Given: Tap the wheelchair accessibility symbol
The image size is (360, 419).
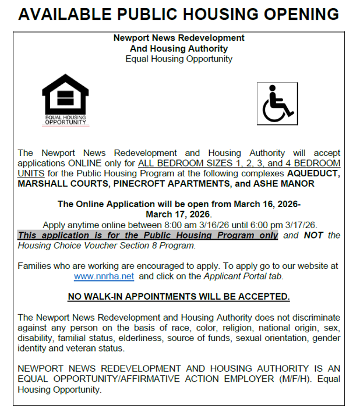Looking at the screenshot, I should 277,104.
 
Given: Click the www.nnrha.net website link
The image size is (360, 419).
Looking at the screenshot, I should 104,276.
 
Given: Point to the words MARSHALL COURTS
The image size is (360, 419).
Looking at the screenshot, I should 58,184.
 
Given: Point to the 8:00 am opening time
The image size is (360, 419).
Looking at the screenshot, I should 167,225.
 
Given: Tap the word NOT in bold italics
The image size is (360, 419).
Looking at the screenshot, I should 313,235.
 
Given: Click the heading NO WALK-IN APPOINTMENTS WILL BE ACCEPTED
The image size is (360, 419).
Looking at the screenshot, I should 179,297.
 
